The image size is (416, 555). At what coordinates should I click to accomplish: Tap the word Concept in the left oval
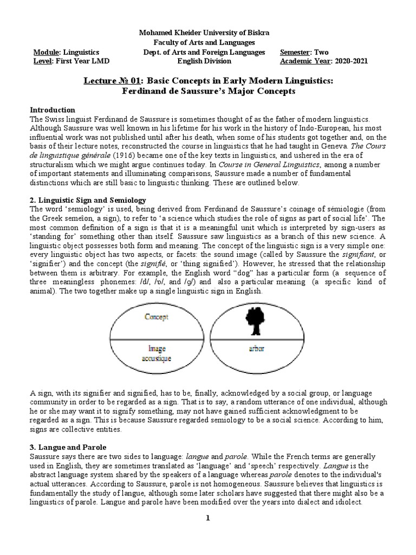pos(157,316)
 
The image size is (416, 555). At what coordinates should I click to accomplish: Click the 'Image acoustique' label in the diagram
pos(157,353)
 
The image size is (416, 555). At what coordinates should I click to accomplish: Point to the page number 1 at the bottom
pos(207,519)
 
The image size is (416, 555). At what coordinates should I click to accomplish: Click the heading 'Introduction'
pos(53,109)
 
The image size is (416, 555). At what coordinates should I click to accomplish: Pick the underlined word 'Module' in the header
pos(47,52)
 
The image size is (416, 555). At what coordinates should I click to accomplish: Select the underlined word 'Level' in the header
pos(42,61)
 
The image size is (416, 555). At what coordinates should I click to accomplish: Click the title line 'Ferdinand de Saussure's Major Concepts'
pos(208,91)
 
